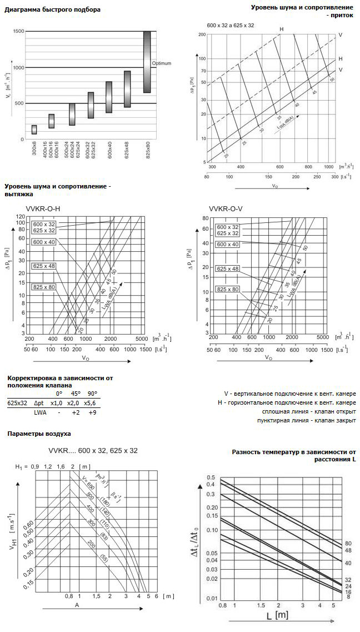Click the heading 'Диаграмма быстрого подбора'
(x=52, y=9)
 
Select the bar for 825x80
(x=147, y=62)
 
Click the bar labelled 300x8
(x=34, y=130)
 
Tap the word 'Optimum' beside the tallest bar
(x=162, y=63)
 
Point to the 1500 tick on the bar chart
(x=18, y=32)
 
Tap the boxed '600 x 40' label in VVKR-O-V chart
(x=227, y=245)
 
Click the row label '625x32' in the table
(x=17, y=404)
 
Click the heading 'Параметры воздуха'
(x=38, y=432)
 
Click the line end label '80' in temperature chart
(x=348, y=543)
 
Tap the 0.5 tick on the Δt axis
(x=211, y=462)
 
